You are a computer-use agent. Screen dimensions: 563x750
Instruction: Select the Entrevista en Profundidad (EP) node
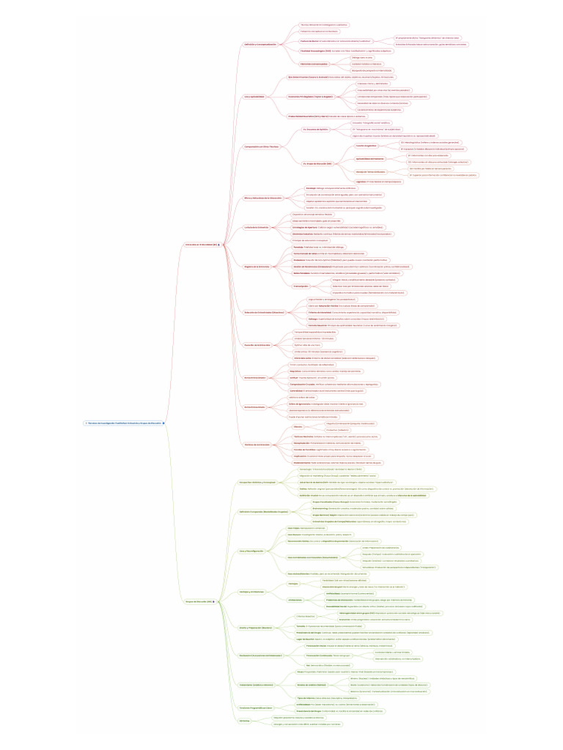click(202, 244)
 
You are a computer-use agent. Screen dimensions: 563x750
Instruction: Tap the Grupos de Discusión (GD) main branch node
click(199, 602)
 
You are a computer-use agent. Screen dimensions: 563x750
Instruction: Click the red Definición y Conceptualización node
click(260, 44)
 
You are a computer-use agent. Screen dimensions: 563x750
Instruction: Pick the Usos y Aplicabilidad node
click(254, 97)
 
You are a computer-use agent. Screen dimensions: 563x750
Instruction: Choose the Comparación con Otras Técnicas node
click(262, 146)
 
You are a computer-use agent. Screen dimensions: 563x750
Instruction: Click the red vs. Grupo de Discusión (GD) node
click(317, 163)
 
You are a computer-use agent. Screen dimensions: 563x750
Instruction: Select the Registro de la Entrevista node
click(257, 267)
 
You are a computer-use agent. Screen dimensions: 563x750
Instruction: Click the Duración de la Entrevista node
click(257, 344)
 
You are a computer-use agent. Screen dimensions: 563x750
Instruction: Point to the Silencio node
click(298, 426)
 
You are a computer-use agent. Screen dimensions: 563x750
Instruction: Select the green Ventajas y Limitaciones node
click(251, 592)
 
